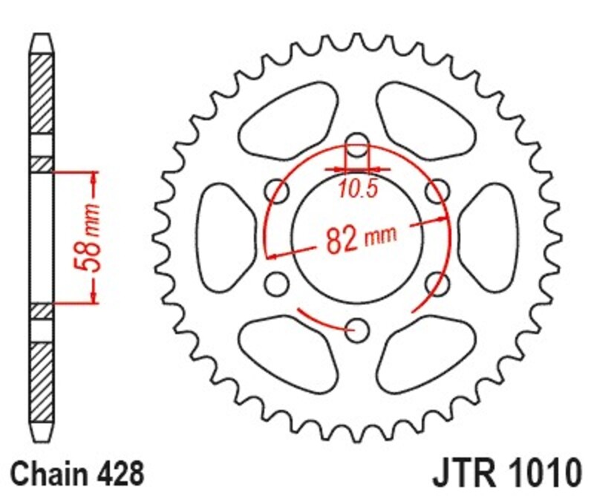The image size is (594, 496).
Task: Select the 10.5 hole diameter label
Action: [359, 189]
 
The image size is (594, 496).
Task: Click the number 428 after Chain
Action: [117, 472]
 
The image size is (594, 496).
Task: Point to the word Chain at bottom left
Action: [49, 472]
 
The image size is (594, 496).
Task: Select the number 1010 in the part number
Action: [542, 472]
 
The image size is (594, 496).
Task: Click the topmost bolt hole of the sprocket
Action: [358, 144]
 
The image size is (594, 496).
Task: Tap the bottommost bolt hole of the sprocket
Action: [358, 327]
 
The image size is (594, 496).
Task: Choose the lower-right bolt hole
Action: [438, 282]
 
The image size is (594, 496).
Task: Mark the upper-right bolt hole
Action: [438, 190]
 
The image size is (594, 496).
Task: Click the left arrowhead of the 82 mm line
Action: [272, 256]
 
